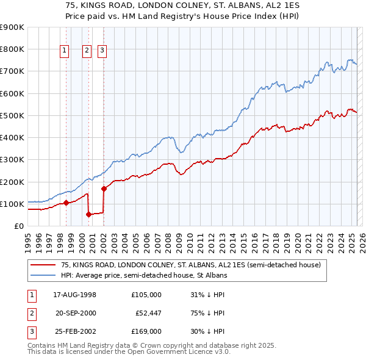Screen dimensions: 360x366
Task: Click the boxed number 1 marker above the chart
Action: tap(65, 51)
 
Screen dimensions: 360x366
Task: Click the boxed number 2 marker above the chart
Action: tap(87, 51)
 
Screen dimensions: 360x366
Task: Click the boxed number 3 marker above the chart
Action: tap(102, 51)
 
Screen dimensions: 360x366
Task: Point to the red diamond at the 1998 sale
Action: tap(66, 203)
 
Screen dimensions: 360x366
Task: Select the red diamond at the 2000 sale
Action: tap(88, 214)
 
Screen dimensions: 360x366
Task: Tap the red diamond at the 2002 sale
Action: tap(104, 189)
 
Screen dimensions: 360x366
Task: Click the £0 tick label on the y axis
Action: tap(18, 226)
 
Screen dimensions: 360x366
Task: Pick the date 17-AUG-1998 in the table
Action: tap(76, 294)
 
